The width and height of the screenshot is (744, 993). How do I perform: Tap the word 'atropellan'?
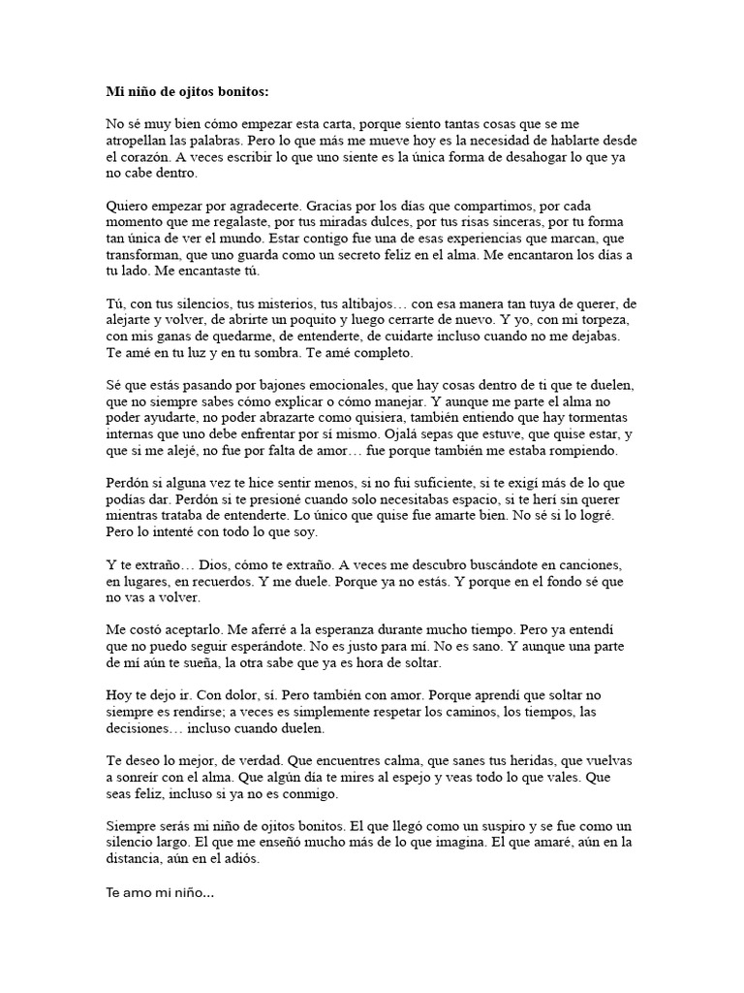(x=142, y=140)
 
